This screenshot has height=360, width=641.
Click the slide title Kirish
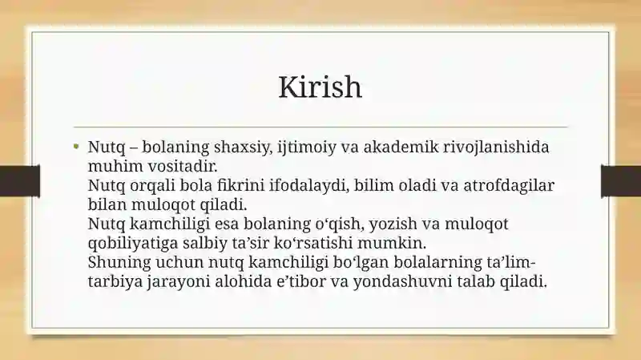click(x=320, y=87)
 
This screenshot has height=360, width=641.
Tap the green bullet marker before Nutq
click(x=76, y=146)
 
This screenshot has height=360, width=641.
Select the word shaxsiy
click(x=243, y=148)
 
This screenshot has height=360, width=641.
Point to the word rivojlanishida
click(x=496, y=148)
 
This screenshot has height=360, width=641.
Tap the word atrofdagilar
click(x=509, y=185)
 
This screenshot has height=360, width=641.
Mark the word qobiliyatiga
click(x=133, y=243)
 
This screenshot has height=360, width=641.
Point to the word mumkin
click(x=392, y=243)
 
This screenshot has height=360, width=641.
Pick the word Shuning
click(x=119, y=262)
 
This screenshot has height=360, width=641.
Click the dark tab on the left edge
click(x=19, y=181)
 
